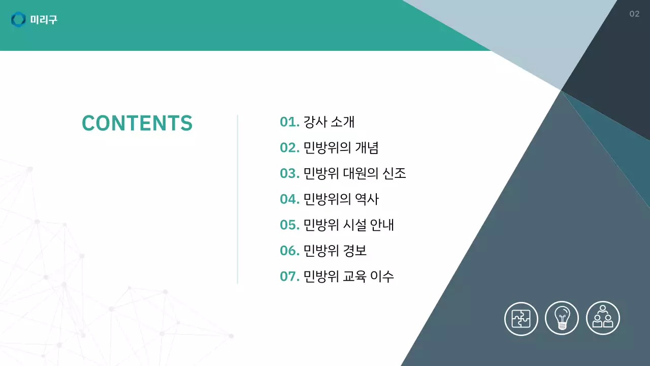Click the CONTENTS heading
click(137, 123)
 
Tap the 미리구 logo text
click(44, 20)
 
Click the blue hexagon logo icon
click(18, 20)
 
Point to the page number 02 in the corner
click(634, 14)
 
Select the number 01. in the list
click(289, 122)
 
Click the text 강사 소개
click(329, 122)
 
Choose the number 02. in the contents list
click(289, 148)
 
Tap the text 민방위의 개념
click(341, 148)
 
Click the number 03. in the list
click(289, 173)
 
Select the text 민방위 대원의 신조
click(354, 173)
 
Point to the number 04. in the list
click(289, 199)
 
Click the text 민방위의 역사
click(341, 199)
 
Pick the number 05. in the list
click(289, 225)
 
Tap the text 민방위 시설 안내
click(348, 225)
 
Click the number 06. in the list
click(289, 251)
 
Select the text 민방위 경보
click(335, 251)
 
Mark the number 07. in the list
click(289, 277)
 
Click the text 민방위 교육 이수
click(348, 277)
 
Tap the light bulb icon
click(562, 318)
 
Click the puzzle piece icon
click(521, 318)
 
